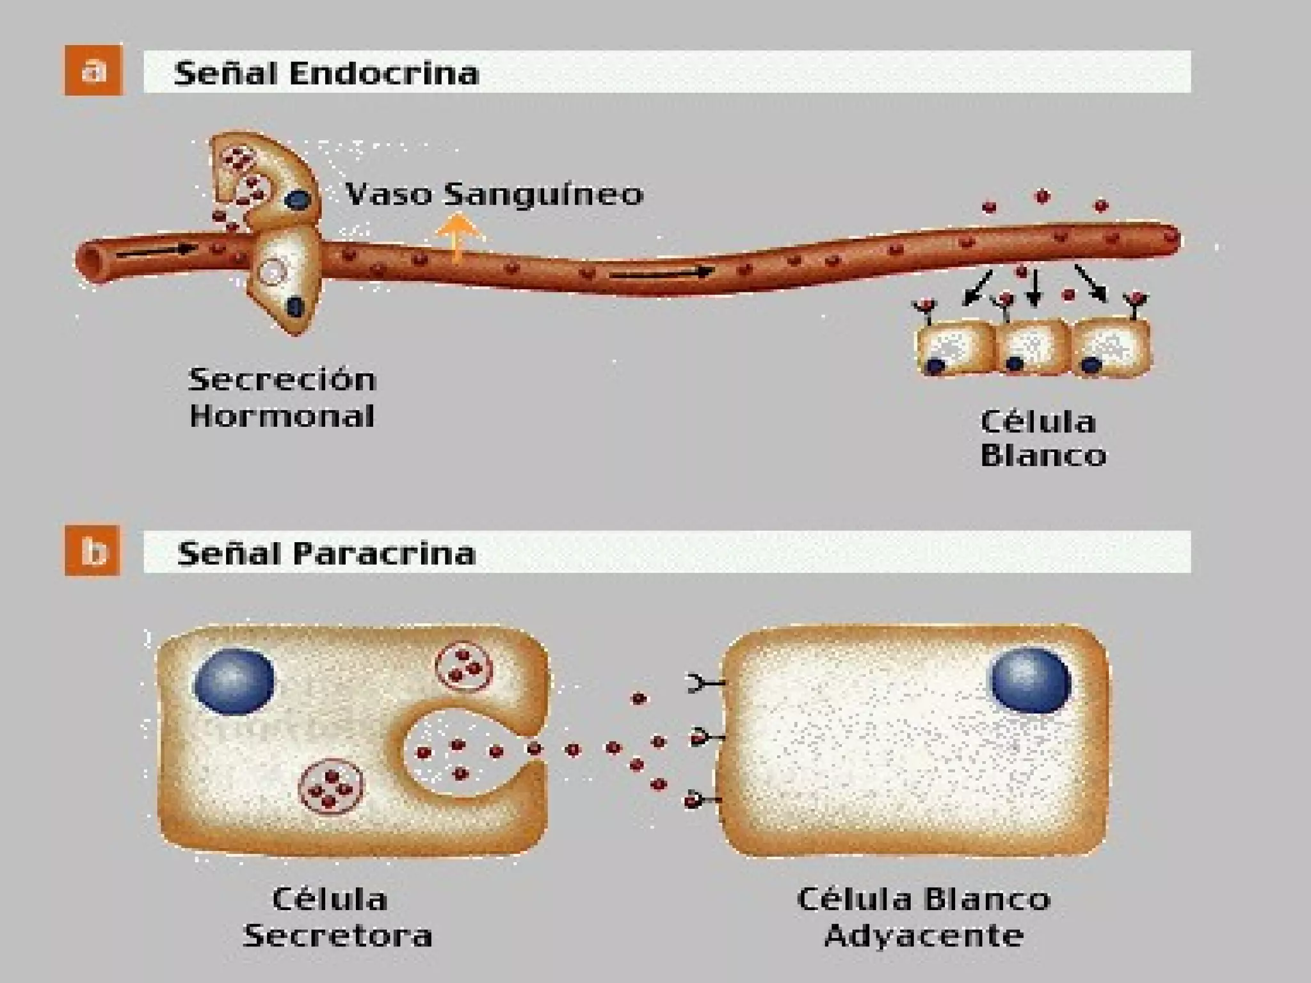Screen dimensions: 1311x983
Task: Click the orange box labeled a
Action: tap(93, 70)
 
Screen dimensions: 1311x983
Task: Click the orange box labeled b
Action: tap(92, 550)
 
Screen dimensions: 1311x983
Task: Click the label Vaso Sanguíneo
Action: tap(494, 194)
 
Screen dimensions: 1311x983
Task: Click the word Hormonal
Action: tap(282, 417)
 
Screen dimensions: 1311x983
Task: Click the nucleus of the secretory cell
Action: tap(234, 680)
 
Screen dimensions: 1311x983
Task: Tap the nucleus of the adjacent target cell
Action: tap(1031, 681)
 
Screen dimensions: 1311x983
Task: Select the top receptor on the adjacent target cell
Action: tap(705, 684)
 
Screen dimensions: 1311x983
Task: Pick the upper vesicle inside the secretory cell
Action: tap(464, 667)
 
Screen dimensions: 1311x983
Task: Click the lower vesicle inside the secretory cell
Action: tap(330, 787)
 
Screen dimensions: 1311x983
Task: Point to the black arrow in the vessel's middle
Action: tap(662, 273)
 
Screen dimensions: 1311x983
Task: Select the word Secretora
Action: tap(337, 936)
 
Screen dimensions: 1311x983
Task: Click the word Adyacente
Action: tap(924, 936)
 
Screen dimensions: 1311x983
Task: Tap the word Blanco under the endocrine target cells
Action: tap(1043, 456)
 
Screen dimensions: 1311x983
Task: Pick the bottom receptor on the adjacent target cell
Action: tap(702, 800)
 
